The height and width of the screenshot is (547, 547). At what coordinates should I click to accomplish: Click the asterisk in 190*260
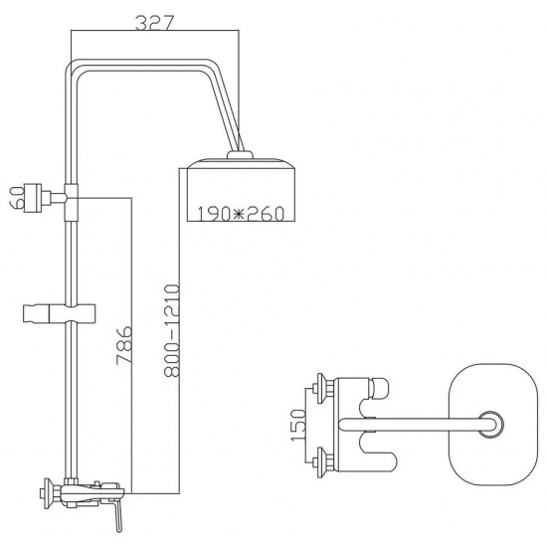click(240, 212)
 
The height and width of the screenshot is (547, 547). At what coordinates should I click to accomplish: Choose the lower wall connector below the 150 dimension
click(321, 459)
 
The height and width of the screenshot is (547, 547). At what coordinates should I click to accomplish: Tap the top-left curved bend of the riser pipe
click(72, 73)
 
